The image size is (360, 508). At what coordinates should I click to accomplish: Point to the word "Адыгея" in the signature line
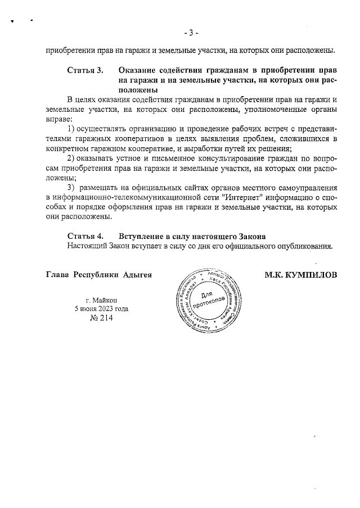click(x=138, y=275)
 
